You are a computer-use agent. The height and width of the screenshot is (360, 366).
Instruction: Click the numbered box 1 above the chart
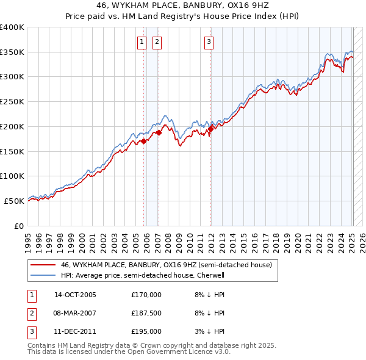pos(142,42)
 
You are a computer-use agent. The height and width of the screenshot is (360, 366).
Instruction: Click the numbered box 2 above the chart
pos(157,42)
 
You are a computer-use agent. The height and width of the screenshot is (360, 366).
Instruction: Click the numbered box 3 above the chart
pos(209,42)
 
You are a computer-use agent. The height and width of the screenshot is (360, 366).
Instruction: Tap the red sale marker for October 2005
pos(144,141)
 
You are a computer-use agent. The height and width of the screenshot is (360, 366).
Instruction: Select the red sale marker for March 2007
pos(159,132)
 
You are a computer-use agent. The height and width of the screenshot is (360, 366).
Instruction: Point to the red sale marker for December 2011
pos(210,129)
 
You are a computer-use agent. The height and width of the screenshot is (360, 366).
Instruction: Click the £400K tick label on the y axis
pos(12,27)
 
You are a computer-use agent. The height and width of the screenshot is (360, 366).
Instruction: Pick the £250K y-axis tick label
pos(12,102)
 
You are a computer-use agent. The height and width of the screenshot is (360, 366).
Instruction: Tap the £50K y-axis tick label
pos(15,201)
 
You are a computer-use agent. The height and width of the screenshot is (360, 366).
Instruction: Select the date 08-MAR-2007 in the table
pos(75,313)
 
